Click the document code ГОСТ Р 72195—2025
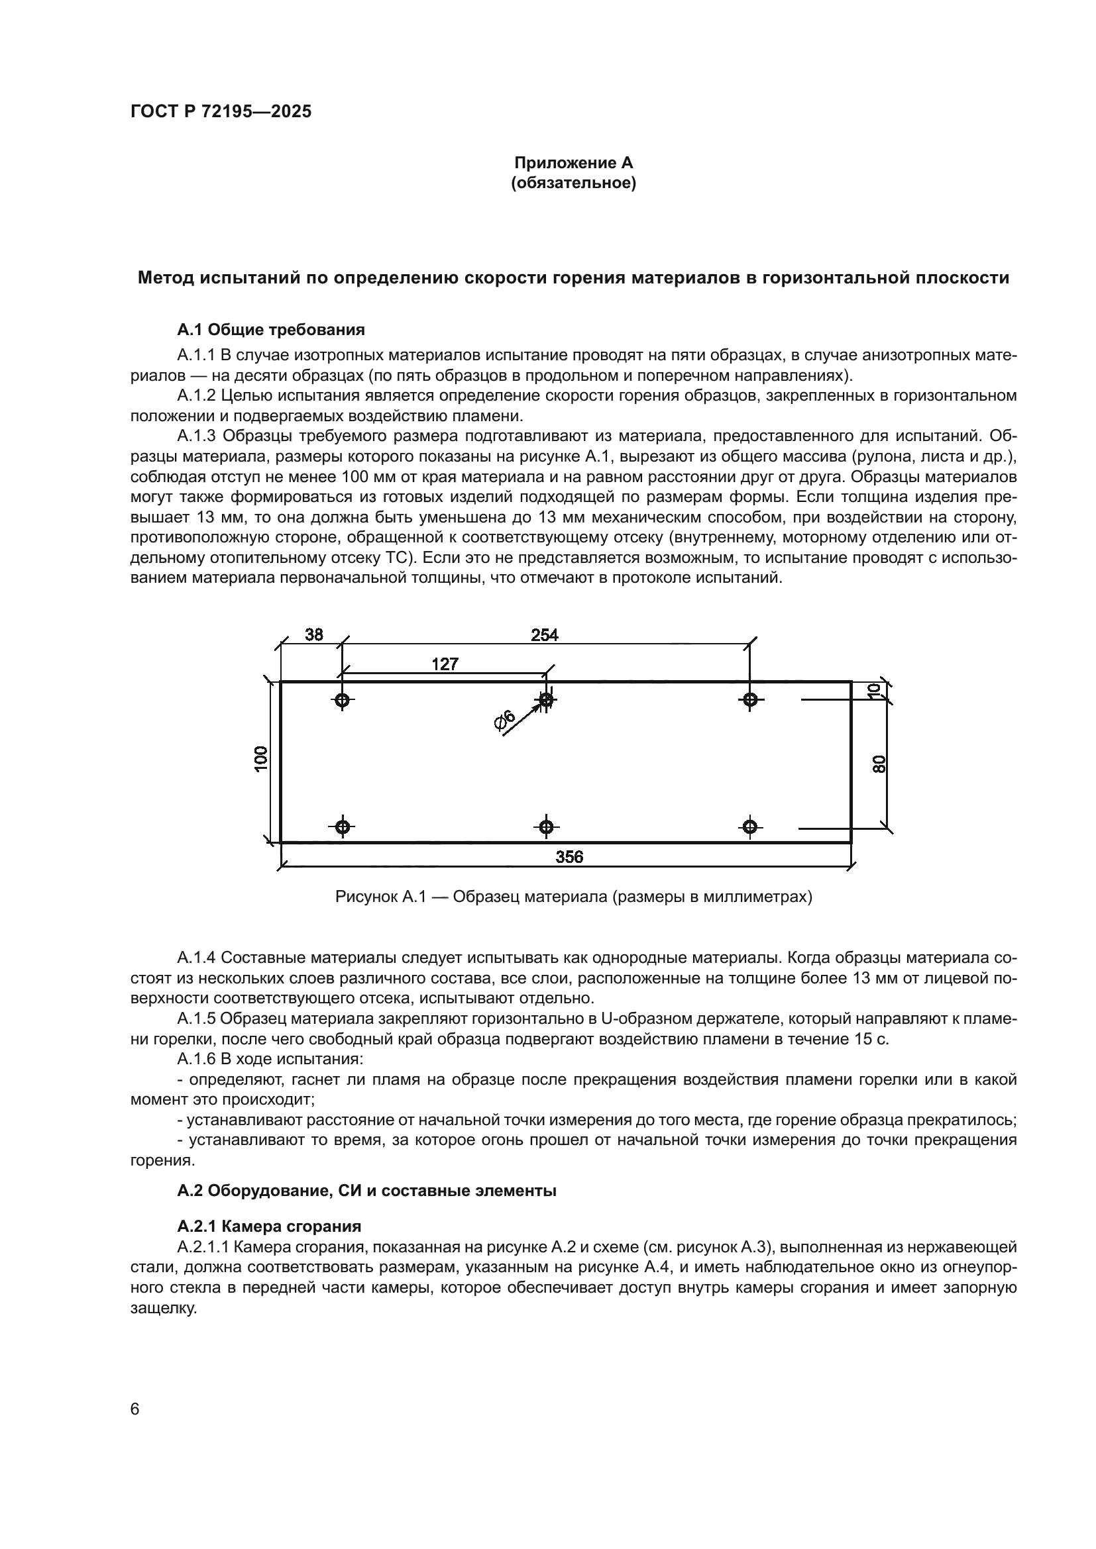pyautogui.click(x=221, y=112)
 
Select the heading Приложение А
pyautogui.click(x=574, y=163)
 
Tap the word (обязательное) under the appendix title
pyautogui.click(x=574, y=183)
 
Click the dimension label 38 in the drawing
pyautogui.click(x=314, y=635)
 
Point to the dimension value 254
pyautogui.click(x=545, y=635)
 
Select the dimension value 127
pyautogui.click(x=445, y=664)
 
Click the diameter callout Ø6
pyautogui.click(x=505, y=721)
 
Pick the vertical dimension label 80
pyautogui.click(x=879, y=764)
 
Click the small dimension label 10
pyautogui.click(x=875, y=690)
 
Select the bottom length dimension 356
pyautogui.click(x=569, y=857)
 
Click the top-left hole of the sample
pyautogui.click(x=342, y=700)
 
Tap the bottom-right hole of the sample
pyautogui.click(x=750, y=826)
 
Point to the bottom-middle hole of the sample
pyautogui.click(x=546, y=826)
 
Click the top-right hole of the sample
pyautogui.click(x=750, y=700)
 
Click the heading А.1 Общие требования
pyautogui.click(x=270, y=330)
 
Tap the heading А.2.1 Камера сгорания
pyautogui.click(x=268, y=1226)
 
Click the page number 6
pyautogui.click(x=135, y=1409)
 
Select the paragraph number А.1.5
pyautogui.click(x=196, y=1019)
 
